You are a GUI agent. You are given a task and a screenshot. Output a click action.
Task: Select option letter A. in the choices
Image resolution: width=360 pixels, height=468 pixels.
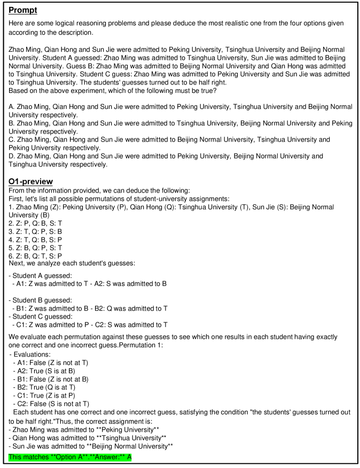12,107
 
